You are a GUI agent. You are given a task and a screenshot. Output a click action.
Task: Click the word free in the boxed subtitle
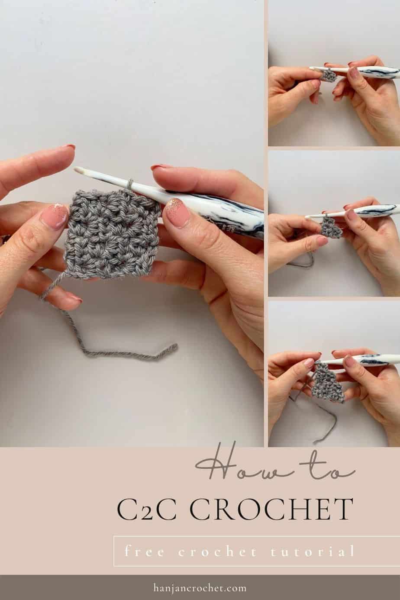(143, 551)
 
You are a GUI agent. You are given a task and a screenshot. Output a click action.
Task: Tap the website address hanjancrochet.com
(200, 588)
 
